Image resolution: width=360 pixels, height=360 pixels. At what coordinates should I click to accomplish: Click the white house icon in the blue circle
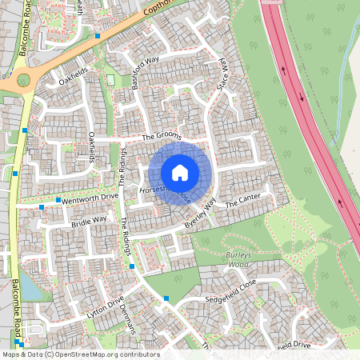180,172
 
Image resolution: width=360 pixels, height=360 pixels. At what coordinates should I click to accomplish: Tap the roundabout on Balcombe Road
22,79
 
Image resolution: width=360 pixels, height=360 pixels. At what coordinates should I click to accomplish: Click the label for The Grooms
162,137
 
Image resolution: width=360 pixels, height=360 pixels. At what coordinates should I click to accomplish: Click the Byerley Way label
200,214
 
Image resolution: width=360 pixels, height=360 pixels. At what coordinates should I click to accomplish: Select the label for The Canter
243,203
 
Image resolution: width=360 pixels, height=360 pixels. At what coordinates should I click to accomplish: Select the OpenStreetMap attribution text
70,354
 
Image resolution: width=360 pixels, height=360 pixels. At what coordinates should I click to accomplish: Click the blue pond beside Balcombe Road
27,288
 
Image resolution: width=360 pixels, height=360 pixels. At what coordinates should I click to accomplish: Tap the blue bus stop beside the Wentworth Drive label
58,198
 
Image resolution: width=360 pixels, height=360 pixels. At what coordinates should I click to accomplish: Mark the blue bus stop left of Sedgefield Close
166,298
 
